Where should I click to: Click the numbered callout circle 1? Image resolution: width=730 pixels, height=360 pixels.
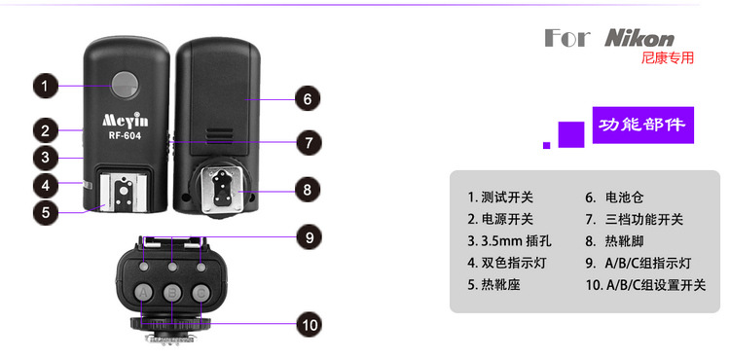(45, 86)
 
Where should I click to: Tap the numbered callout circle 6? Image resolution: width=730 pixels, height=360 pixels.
(308, 98)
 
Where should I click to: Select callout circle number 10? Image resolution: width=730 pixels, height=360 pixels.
(310, 324)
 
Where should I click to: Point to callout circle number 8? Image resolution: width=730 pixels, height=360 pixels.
(308, 190)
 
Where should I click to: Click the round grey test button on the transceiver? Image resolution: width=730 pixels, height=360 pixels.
(125, 85)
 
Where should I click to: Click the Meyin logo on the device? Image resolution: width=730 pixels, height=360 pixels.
(126, 121)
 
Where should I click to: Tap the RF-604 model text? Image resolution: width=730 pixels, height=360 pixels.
(125, 136)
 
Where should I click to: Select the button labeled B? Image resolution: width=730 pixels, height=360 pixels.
(172, 292)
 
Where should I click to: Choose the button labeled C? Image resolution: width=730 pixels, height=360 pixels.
(201, 292)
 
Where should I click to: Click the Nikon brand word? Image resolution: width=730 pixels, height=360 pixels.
(639, 39)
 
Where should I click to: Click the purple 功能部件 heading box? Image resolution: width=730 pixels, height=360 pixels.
(643, 126)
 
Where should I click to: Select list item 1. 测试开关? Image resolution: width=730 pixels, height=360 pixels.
(500, 198)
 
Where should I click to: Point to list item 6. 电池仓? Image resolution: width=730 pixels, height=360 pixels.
(614, 198)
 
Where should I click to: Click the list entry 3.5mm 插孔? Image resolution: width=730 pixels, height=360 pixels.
(510, 241)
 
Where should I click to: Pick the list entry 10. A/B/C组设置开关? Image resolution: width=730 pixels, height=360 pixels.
(645, 285)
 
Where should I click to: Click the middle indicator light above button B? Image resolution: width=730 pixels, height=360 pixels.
(172, 267)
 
